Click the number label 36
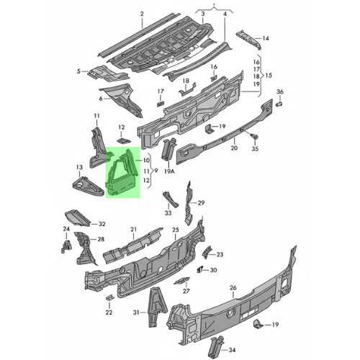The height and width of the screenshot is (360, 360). (280, 91)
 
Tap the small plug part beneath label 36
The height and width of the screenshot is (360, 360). (279, 104)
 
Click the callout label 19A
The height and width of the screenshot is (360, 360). (169, 171)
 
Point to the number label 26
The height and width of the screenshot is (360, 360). (233, 287)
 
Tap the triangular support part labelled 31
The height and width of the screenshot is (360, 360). (157, 307)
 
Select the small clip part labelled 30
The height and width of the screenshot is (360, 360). (199, 270)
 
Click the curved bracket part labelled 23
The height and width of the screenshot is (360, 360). (207, 252)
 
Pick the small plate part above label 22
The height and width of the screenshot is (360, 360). (109, 297)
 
